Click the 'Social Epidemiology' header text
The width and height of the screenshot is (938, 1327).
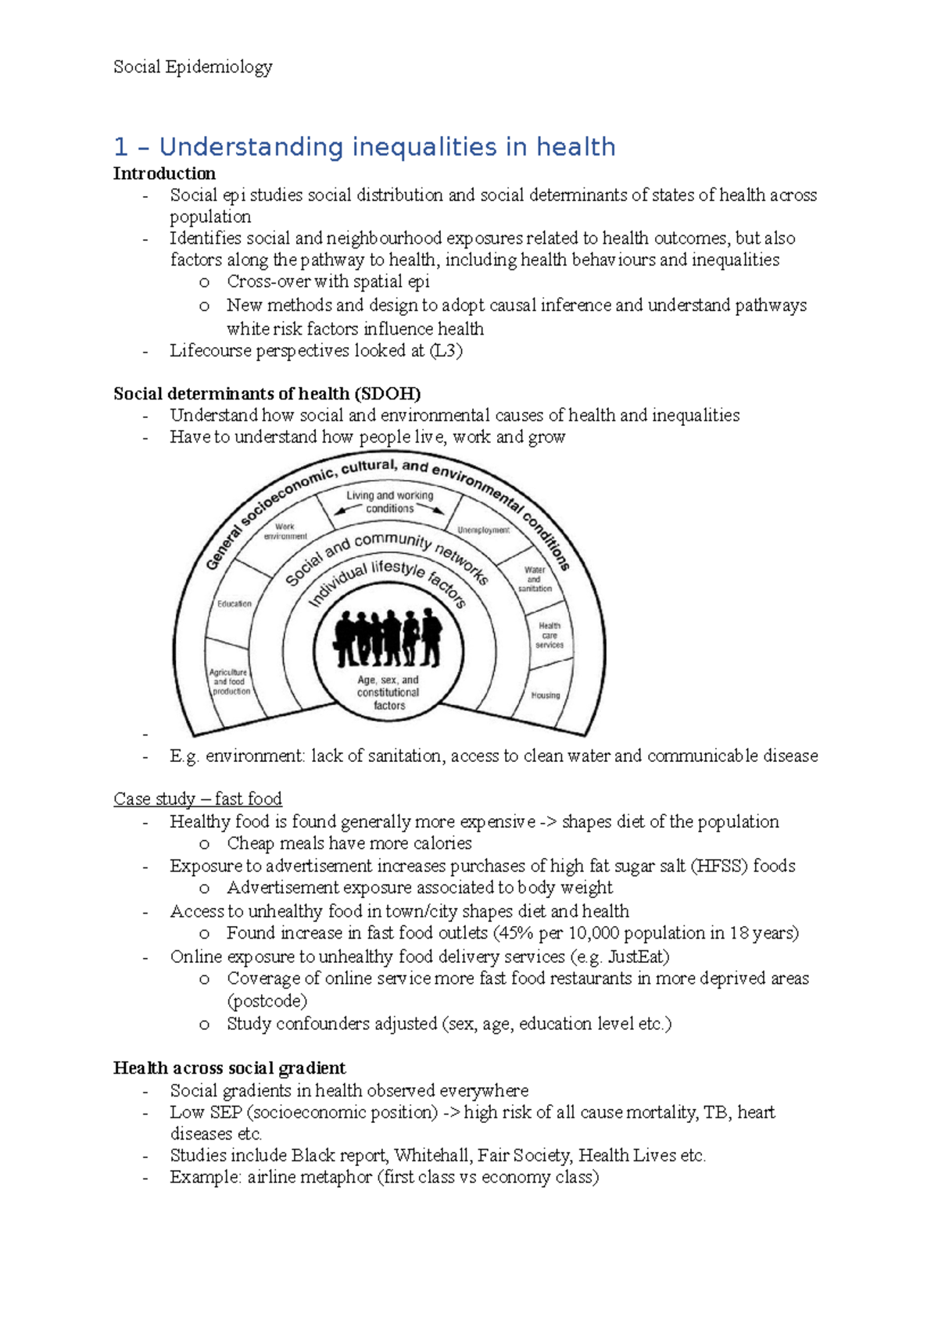pos(192,67)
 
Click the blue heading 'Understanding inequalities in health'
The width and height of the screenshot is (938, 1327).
pos(387,147)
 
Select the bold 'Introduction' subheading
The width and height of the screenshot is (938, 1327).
pos(164,173)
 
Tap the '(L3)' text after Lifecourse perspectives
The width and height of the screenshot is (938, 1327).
pos(446,351)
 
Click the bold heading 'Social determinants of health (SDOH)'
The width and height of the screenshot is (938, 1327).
pos(267,394)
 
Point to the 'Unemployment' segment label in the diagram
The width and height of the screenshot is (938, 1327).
pos(483,530)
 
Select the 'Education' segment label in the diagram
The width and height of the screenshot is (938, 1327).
pos(234,604)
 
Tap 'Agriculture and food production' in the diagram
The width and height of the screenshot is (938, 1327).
pos(230,681)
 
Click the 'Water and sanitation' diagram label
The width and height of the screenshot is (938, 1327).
pos(535,579)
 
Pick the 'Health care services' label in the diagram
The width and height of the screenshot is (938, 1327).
pos(550,635)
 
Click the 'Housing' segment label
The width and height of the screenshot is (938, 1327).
pos(546,695)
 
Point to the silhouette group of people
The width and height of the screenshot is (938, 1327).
pos(388,637)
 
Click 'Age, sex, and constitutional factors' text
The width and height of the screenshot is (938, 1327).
pos(388,692)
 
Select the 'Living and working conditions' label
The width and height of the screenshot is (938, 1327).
pos(390,502)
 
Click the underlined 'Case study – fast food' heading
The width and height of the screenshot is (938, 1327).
pos(197,799)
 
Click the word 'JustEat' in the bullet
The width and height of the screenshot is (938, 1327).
pos(635,957)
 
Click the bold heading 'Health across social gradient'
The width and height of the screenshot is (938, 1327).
pos(229,1068)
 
